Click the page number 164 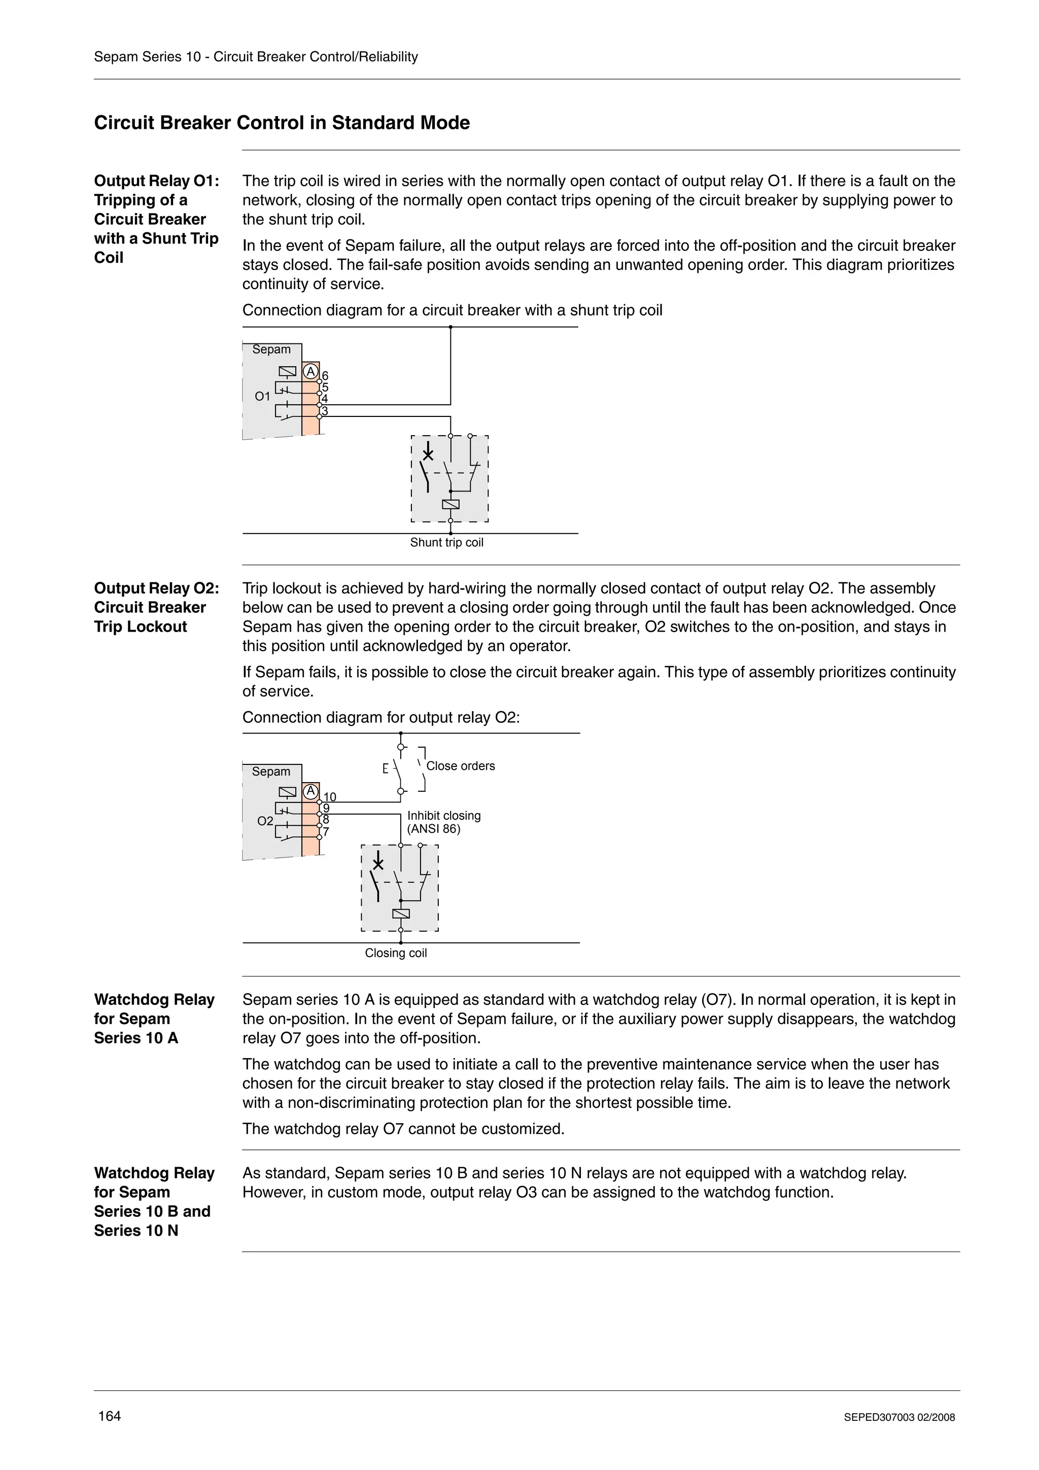click(x=109, y=1416)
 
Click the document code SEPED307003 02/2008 click(x=899, y=1417)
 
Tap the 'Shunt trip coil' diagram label click(x=446, y=542)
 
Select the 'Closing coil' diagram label click(x=395, y=953)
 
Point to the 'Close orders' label click(x=460, y=766)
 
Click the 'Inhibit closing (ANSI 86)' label click(x=443, y=822)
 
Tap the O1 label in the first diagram click(x=262, y=396)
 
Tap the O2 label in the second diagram click(x=265, y=821)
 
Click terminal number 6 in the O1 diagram click(x=325, y=375)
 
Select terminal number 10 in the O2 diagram click(x=329, y=796)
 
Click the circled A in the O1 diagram click(x=310, y=371)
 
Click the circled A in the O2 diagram click(x=310, y=791)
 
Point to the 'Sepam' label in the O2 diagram click(x=271, y=772)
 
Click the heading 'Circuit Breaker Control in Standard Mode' click(x=282, y=122)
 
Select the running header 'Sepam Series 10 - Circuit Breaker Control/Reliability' click(x=255, y=56)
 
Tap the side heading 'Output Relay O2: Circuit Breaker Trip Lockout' click(x=156, y=607)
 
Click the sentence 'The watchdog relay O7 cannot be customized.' click(x=403, y=1129)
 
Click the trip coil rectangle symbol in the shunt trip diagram click(x=451, y=505)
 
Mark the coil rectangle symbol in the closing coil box click(x=400, y=914)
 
